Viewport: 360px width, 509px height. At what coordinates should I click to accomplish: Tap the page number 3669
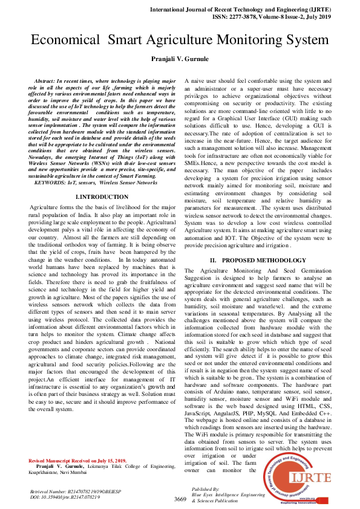[x=180, y=499]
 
